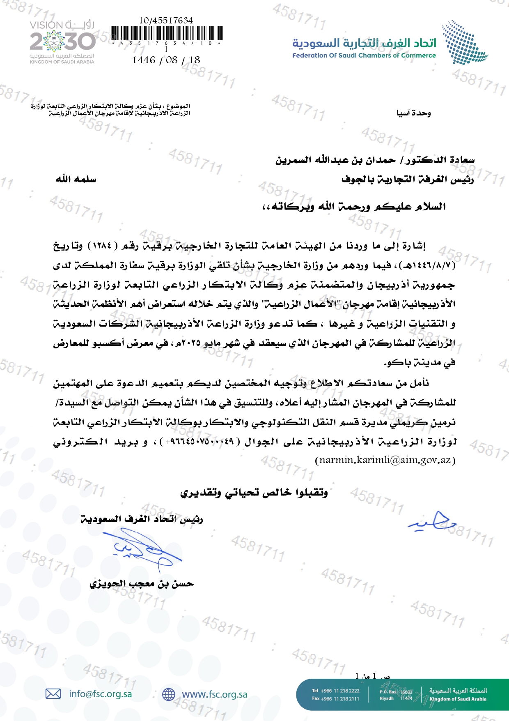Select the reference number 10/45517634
pos(166,20)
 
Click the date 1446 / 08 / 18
pos(166,60)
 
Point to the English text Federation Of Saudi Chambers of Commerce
pos(364,55)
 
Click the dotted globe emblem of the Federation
pos(464,42)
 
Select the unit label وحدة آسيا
pos(413,113)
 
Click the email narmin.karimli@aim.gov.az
pos(385,460)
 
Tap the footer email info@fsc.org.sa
pos(100,694)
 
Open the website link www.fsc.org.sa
pos(214,694)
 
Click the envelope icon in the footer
pos(53,694)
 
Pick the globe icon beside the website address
pos(168,694)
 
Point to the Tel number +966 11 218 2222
pos(339,691)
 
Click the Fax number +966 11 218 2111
pos(339,698)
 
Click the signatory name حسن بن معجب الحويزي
pos(142,584)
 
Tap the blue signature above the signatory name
pos(142,548)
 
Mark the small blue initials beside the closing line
pos(432,521)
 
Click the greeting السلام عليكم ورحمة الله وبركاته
pos(354,206)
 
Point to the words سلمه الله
pos(76,179)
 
